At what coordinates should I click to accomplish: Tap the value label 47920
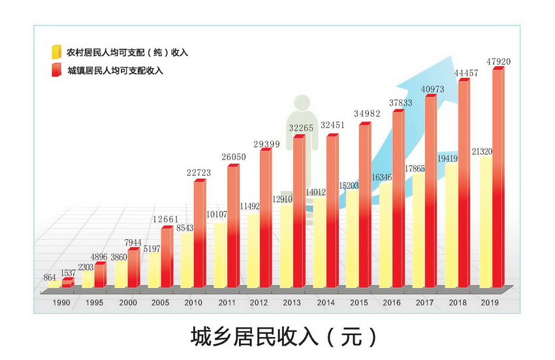tap(498, 62)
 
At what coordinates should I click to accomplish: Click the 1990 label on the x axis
tap(61, 303)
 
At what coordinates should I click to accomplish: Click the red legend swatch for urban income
tap(57, 69)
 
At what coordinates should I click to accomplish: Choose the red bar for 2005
tap(166, 257)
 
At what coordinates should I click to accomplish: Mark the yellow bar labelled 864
tap(54, 285)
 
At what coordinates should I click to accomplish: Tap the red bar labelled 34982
tap(364, 206)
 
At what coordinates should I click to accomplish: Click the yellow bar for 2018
tap(451, 225)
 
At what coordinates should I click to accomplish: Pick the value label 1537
tap(69, 274)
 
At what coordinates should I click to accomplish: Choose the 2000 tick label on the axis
tap(127, 303)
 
